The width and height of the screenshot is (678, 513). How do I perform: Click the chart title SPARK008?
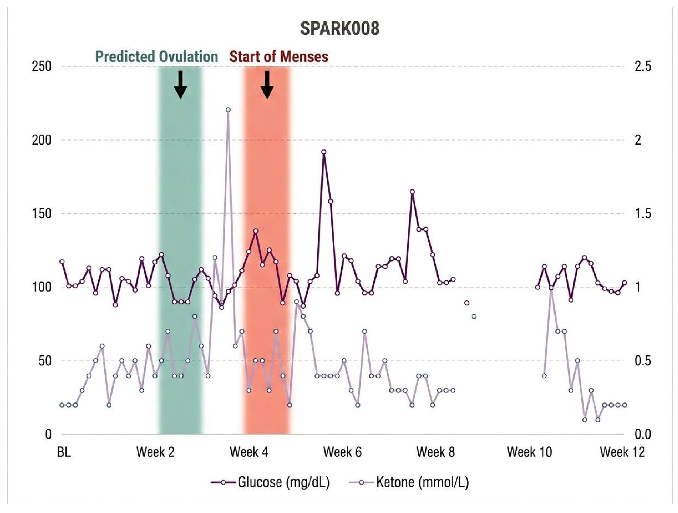coord(340,28)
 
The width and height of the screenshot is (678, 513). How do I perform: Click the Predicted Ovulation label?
coord(157,57)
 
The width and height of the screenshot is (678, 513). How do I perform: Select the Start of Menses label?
coord(279,57)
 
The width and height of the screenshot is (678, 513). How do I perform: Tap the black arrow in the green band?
coord(181,84)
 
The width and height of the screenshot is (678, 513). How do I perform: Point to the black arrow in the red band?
coord(267,84)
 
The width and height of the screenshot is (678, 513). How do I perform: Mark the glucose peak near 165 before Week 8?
coord(412,192)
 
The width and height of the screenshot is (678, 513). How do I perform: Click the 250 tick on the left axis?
coord(41,67)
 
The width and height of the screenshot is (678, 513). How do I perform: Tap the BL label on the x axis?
coord(64,452)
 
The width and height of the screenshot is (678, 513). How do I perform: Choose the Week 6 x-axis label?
coord(342,452)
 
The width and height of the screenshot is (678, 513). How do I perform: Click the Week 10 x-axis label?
coord(529,452)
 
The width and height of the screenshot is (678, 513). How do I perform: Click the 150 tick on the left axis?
coord(41,214)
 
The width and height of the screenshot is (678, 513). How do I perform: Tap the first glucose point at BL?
coord(62,262)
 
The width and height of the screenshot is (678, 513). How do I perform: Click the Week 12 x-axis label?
coord(622,452)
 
